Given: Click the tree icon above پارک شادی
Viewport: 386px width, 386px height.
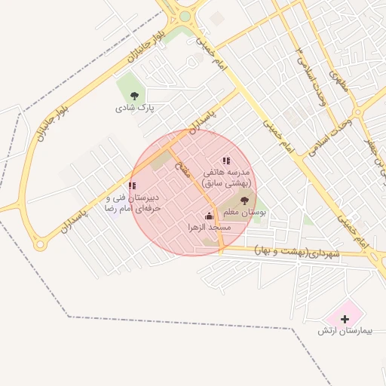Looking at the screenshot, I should click(x=134, y=96).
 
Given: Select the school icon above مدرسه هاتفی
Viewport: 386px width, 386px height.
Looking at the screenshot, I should click(x=226, y=161).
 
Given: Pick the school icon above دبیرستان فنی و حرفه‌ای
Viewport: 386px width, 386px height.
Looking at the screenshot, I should click(x=132, y=185).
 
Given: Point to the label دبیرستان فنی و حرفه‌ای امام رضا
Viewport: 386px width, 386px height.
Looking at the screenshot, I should click(x=123, y=202).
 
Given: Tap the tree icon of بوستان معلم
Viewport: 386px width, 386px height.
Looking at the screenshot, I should click(x=244, y=200).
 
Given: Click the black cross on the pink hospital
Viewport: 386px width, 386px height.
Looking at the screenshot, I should click(x=345, y=320).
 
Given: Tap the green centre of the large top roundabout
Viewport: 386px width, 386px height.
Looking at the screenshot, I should click(x=185, y=16).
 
